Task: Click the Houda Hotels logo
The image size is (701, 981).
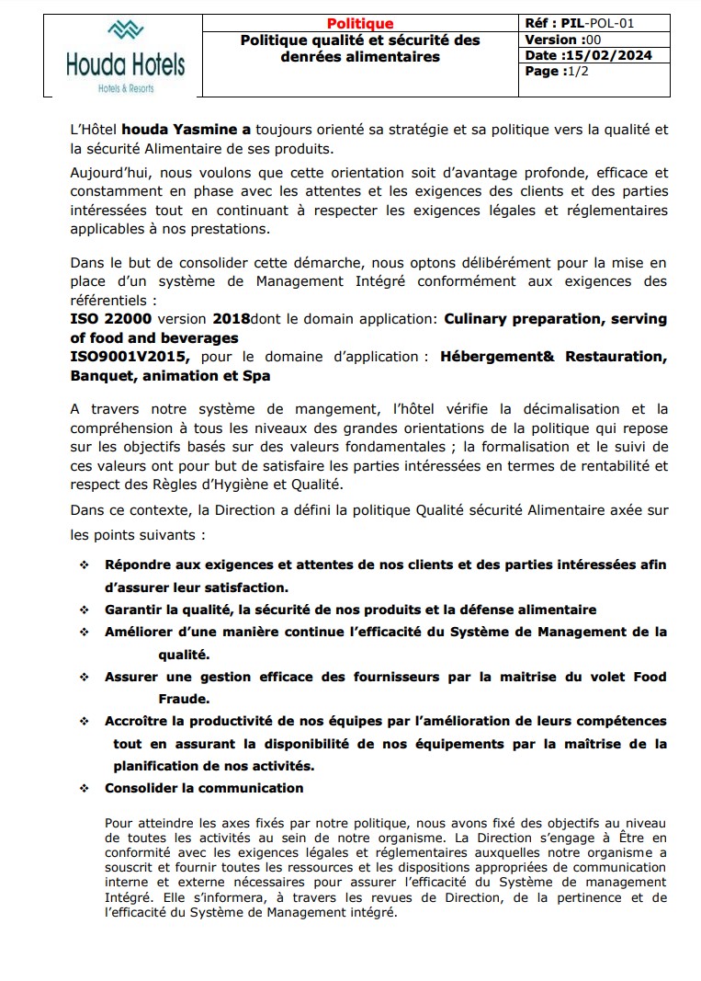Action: coord(125,55)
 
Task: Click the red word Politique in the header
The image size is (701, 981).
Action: coord(360,24)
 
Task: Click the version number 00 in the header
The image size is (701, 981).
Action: coord(593,40)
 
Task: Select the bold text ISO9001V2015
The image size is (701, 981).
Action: coord(130,356)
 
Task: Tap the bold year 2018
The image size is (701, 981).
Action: coord(232,319)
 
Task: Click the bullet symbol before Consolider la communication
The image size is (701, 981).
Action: coord(85,789)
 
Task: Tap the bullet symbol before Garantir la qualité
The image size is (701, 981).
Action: coord(85,610)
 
